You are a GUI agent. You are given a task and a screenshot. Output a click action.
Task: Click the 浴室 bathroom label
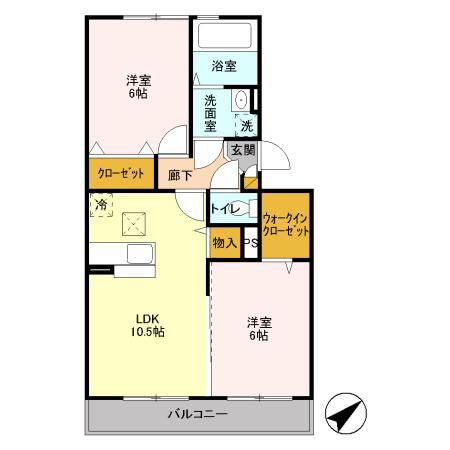click(224, 66)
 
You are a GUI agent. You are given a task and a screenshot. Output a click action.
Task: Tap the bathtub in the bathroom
click(224, 36)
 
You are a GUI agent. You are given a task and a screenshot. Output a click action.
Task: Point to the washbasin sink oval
click(239, 101)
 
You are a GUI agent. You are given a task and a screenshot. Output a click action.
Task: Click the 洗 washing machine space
click(245, 126)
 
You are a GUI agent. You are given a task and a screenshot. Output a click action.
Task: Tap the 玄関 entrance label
click(242, 150)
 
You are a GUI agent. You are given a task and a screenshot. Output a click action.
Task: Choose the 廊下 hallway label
click(180, 173)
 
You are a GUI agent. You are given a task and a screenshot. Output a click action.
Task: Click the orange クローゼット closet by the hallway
click(121, 173)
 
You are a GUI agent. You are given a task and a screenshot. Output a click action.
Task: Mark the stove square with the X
click(133, 223)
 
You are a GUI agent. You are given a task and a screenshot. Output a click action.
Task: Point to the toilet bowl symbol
click(246, 210)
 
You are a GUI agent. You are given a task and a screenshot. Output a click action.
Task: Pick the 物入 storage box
click(224, 242)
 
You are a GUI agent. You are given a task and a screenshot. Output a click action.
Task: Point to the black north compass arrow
click(346, 412)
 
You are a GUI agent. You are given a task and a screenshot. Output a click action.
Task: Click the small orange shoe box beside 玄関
click(250, 181)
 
